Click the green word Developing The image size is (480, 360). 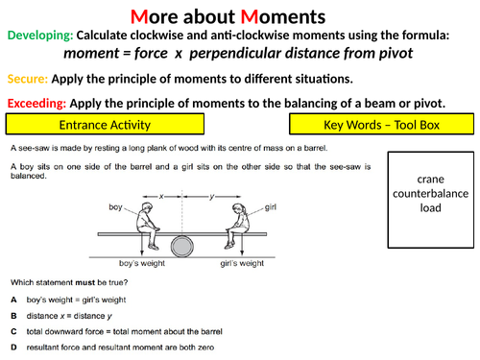[38, 35]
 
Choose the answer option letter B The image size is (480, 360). [12, 314]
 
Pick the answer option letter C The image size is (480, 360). [12, 330]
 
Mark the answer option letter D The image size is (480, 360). [12, 347]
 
